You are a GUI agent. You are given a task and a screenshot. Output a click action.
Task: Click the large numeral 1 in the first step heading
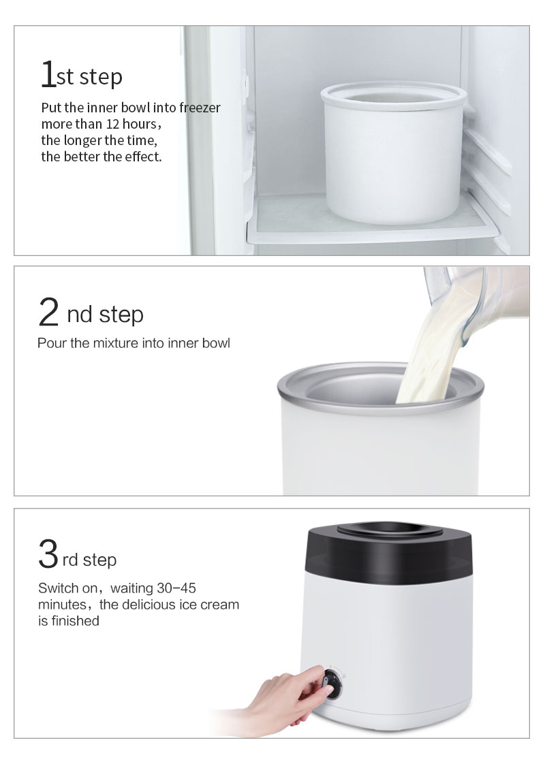(48, 75)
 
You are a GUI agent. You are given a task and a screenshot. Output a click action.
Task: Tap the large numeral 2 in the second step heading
(49, 313)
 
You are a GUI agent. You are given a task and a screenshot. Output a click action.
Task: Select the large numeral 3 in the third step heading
(48, 554)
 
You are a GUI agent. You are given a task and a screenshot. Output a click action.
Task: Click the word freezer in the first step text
(200, 108)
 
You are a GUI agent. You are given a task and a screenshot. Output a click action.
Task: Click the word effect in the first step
(144, 157)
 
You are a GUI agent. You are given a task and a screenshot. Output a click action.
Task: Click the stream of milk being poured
(429, 354)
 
